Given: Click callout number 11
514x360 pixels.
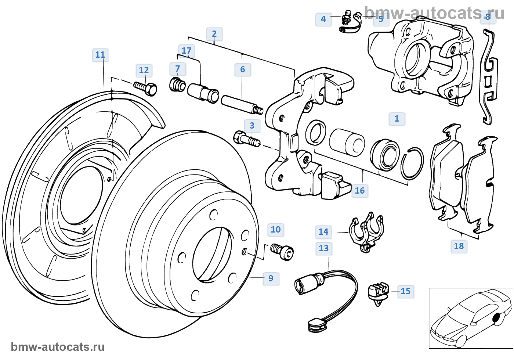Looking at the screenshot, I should pos(100,55).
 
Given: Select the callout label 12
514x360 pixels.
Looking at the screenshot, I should pos(144,70).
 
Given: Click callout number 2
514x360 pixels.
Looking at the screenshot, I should pos(214,34).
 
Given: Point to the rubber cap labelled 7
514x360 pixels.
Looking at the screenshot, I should pos(178,84).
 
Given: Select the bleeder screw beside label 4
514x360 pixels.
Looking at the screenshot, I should pos(346,19).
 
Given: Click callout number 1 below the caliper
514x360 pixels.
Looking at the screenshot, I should pos(397,119).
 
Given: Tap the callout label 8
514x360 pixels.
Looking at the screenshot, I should pos(488,17).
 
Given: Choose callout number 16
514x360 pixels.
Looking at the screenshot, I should pos(359,191).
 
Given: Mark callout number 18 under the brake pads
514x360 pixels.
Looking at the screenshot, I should pos(459,246).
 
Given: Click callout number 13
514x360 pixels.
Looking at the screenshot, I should pos(323,248).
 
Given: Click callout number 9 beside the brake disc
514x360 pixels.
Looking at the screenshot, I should pos(271,278).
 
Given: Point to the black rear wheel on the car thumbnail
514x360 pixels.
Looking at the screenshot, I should pos(496,317).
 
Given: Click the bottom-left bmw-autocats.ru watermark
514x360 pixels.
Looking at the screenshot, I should pos(58,347).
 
